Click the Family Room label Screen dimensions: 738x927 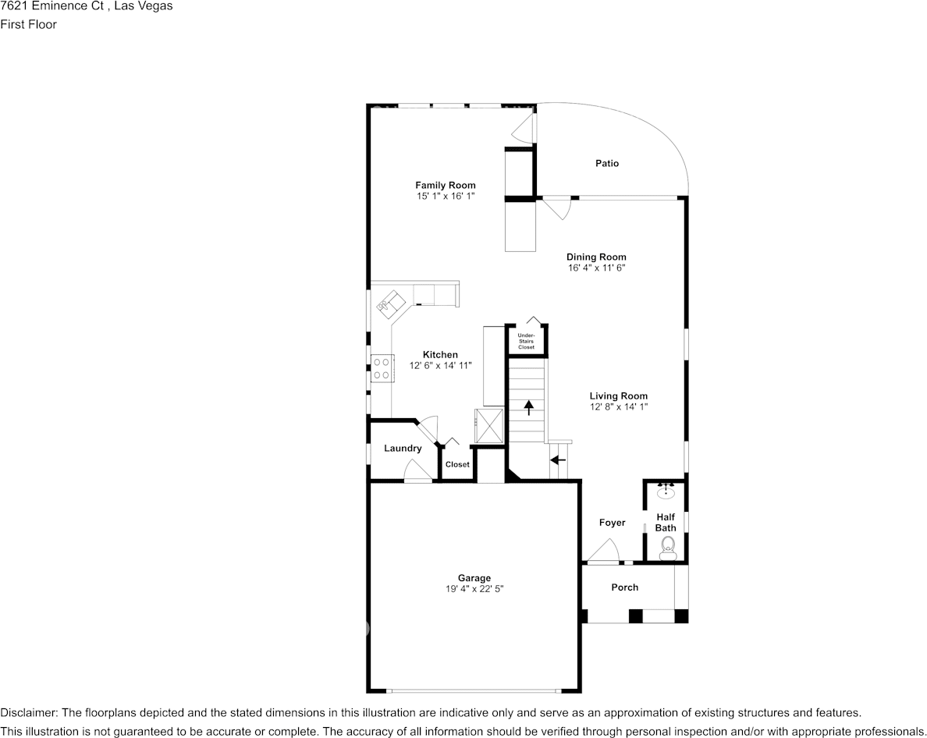445,185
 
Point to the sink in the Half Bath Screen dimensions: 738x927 666,491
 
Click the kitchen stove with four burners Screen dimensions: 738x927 382,368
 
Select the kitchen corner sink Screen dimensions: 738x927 392,302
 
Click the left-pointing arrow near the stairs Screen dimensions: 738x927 558,460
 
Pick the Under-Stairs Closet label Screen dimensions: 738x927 527,341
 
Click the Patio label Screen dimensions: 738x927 607,164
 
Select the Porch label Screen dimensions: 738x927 624,587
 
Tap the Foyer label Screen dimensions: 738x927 612,523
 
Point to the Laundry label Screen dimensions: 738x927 403,449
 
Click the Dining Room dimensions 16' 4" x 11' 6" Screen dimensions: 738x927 596,268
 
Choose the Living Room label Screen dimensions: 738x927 618,396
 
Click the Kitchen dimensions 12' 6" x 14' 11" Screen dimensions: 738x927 441,365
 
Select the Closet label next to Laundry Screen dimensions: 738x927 457,465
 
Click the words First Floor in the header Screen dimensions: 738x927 28,24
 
